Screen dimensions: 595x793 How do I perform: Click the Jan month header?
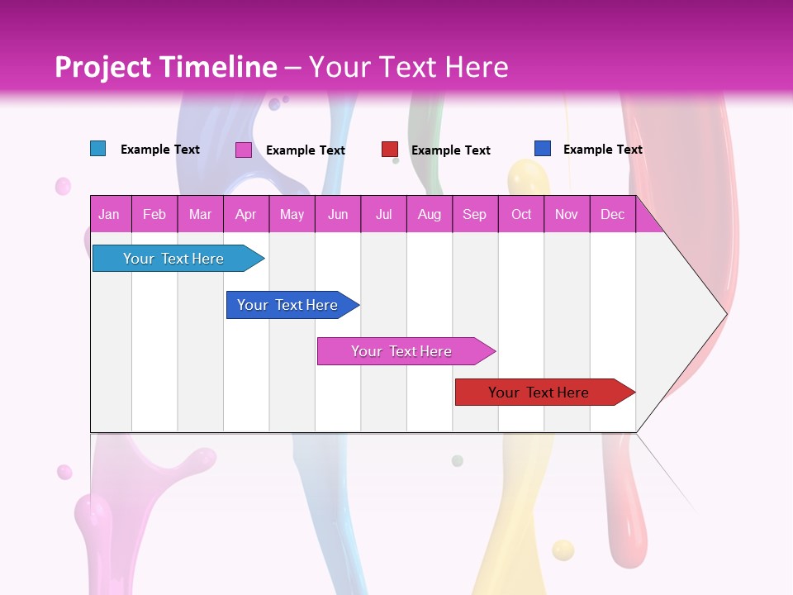pos(110,214)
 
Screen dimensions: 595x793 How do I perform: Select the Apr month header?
pos(246,214)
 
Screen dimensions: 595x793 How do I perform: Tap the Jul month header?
pos(384,214)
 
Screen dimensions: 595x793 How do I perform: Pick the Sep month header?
pos(474,214)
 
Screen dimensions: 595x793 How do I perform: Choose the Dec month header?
pos(612,214)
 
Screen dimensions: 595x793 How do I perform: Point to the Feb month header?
pos(154,214)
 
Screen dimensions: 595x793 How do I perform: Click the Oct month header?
pos(521,214)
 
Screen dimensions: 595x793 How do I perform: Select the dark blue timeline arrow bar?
pos(289,305)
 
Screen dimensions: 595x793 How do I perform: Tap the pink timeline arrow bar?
pos(403,351)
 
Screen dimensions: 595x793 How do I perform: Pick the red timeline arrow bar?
pos(541,393)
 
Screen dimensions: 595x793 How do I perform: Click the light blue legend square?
pos(98,149)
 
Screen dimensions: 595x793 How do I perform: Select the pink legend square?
pos(244,150)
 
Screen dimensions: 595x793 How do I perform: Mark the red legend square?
pos(390,150)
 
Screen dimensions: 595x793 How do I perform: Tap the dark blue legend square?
pos(543,149)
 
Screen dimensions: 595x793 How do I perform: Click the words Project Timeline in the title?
pos(166,67)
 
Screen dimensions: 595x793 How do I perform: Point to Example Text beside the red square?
pos(451,150)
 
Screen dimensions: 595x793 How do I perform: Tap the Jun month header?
pos(338,214)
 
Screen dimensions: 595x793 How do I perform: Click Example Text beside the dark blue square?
pos(603,150)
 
